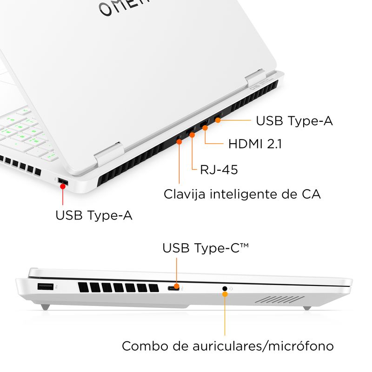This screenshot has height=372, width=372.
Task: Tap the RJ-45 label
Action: [x=219, y=170]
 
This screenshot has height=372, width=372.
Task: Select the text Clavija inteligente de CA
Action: [x=242, y=193]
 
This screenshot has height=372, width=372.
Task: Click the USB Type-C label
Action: [x=205, y=248]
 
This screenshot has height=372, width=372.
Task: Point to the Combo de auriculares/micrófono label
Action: [x=228, y=346]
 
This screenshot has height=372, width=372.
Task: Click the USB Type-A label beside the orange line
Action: [x=294, y=121]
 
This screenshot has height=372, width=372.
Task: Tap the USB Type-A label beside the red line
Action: [x=94, y=215]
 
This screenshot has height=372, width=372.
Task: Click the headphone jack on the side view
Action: [x=225, y=289]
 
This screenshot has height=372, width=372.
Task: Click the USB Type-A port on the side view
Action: [x=45, y=287]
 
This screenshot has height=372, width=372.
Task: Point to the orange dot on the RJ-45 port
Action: [x=192, y=134]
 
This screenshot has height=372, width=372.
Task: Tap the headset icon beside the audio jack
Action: [x=232, y=289]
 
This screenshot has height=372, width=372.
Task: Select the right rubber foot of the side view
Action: [x=307, y=307]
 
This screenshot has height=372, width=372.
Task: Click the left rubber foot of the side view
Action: [x=44, y=307]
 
